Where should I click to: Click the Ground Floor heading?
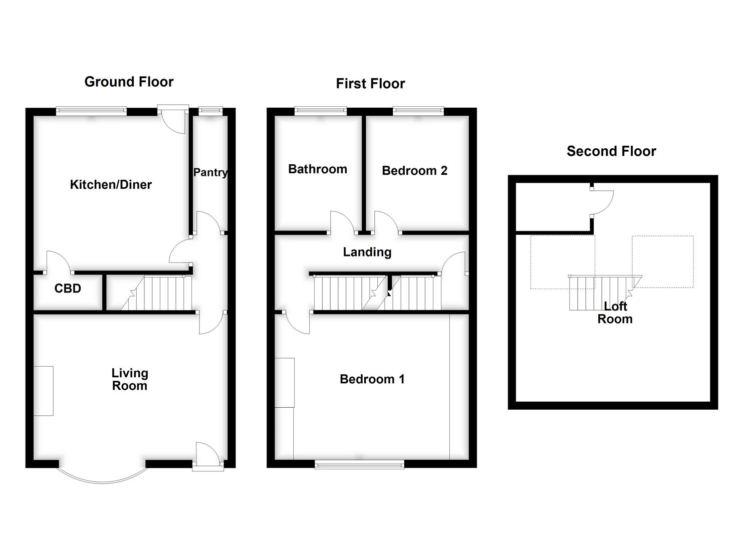tap(129, 82)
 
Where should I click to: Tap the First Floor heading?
tap(370, 84)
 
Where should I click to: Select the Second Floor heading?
tap(611, 151)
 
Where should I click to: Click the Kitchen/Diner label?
tap(111, 185)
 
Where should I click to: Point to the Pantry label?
tap(210, 172)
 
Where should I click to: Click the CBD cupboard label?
tap(68, 289)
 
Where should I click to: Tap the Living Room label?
tap(129, 379)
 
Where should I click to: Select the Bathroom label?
tap(318, 169)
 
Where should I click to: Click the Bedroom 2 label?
tap(414, 171)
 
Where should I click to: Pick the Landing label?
tap(367, 252)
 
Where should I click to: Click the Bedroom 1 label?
tap(372, 379)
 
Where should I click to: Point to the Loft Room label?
tap(615, 313)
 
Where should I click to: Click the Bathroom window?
tap(320, 111)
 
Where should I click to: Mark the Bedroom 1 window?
tap(359, 464)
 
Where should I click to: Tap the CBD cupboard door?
tap(59, 262)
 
